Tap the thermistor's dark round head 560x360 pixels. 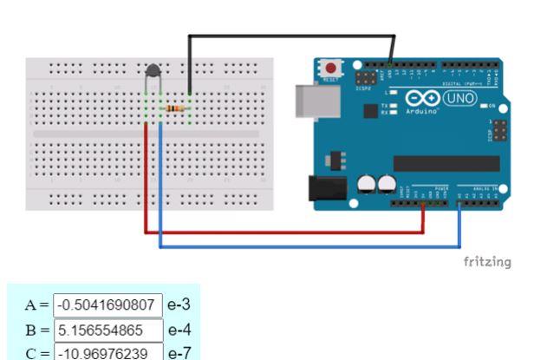click(153, 73)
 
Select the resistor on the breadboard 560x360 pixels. click(175, 108)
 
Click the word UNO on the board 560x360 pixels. click(459, 98)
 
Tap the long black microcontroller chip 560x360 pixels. click(446, 163)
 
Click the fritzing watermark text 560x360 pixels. click(487, 262)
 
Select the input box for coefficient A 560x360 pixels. click(107, 305)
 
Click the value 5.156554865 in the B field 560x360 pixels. click(107, 330)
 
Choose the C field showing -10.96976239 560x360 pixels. click(107, 352)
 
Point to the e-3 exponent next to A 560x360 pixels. click(179, 305)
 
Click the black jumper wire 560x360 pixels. click(290, 36)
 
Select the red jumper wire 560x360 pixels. click(286, 232)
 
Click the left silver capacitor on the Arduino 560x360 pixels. click(365, 184)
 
